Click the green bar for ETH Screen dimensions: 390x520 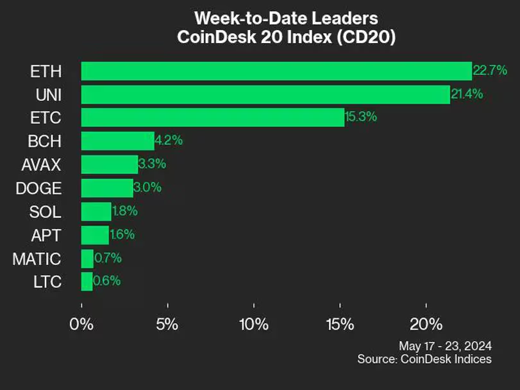276,71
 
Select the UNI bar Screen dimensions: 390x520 265,95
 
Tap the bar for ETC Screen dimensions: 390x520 212,117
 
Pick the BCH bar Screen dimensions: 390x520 117,140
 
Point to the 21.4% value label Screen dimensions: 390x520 467,94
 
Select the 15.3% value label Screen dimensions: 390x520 362,117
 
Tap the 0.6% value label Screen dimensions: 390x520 106,280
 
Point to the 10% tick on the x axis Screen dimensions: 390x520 253,323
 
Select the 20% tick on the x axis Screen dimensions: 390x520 426,323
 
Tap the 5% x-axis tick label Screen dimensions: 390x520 167,323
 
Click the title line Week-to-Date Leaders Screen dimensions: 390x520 286,17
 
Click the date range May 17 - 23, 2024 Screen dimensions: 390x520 445,344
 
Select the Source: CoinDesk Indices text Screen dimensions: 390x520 424,359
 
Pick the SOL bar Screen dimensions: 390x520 96,211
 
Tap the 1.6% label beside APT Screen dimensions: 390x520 122,234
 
